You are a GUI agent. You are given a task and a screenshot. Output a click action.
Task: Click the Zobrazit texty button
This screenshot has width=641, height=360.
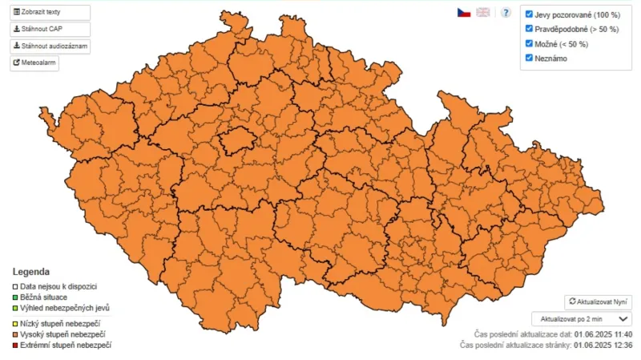click(49, 13)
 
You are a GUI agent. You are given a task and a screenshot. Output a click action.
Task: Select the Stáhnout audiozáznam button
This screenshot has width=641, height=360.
click(49, 47)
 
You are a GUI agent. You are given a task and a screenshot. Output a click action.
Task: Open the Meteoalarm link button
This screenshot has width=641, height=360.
click(34, 63)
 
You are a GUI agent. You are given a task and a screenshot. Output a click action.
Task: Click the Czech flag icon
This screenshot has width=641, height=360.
click(463, 13)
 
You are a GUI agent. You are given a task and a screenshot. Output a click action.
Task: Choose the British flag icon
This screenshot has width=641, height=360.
click(483, 13)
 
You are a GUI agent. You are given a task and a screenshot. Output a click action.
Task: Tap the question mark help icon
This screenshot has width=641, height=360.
click(506, 13)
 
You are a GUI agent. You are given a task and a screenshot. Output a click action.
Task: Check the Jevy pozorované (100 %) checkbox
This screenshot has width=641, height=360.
click(529, 14)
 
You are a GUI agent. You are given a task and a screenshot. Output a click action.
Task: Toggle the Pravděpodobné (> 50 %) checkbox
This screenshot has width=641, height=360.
click(529, 28)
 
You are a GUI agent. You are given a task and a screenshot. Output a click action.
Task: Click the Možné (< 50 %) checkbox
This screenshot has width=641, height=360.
click(529, 43)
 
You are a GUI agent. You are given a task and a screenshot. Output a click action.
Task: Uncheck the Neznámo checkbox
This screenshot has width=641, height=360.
click(529, 58)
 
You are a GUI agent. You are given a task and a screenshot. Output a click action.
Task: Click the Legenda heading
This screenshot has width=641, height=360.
click(30, 272)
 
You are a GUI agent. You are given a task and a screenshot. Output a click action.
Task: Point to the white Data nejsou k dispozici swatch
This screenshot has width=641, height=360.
click(14, 286)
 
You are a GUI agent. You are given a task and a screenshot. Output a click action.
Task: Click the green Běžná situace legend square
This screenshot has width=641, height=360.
click(14, 297)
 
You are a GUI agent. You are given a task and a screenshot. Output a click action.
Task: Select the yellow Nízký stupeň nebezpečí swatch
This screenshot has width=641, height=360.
click(14, 323)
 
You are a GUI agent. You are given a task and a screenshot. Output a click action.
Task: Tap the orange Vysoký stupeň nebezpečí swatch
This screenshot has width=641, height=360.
click(14, 334)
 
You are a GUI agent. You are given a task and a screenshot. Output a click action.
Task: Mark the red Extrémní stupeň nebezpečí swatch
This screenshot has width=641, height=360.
click(14, 345)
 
